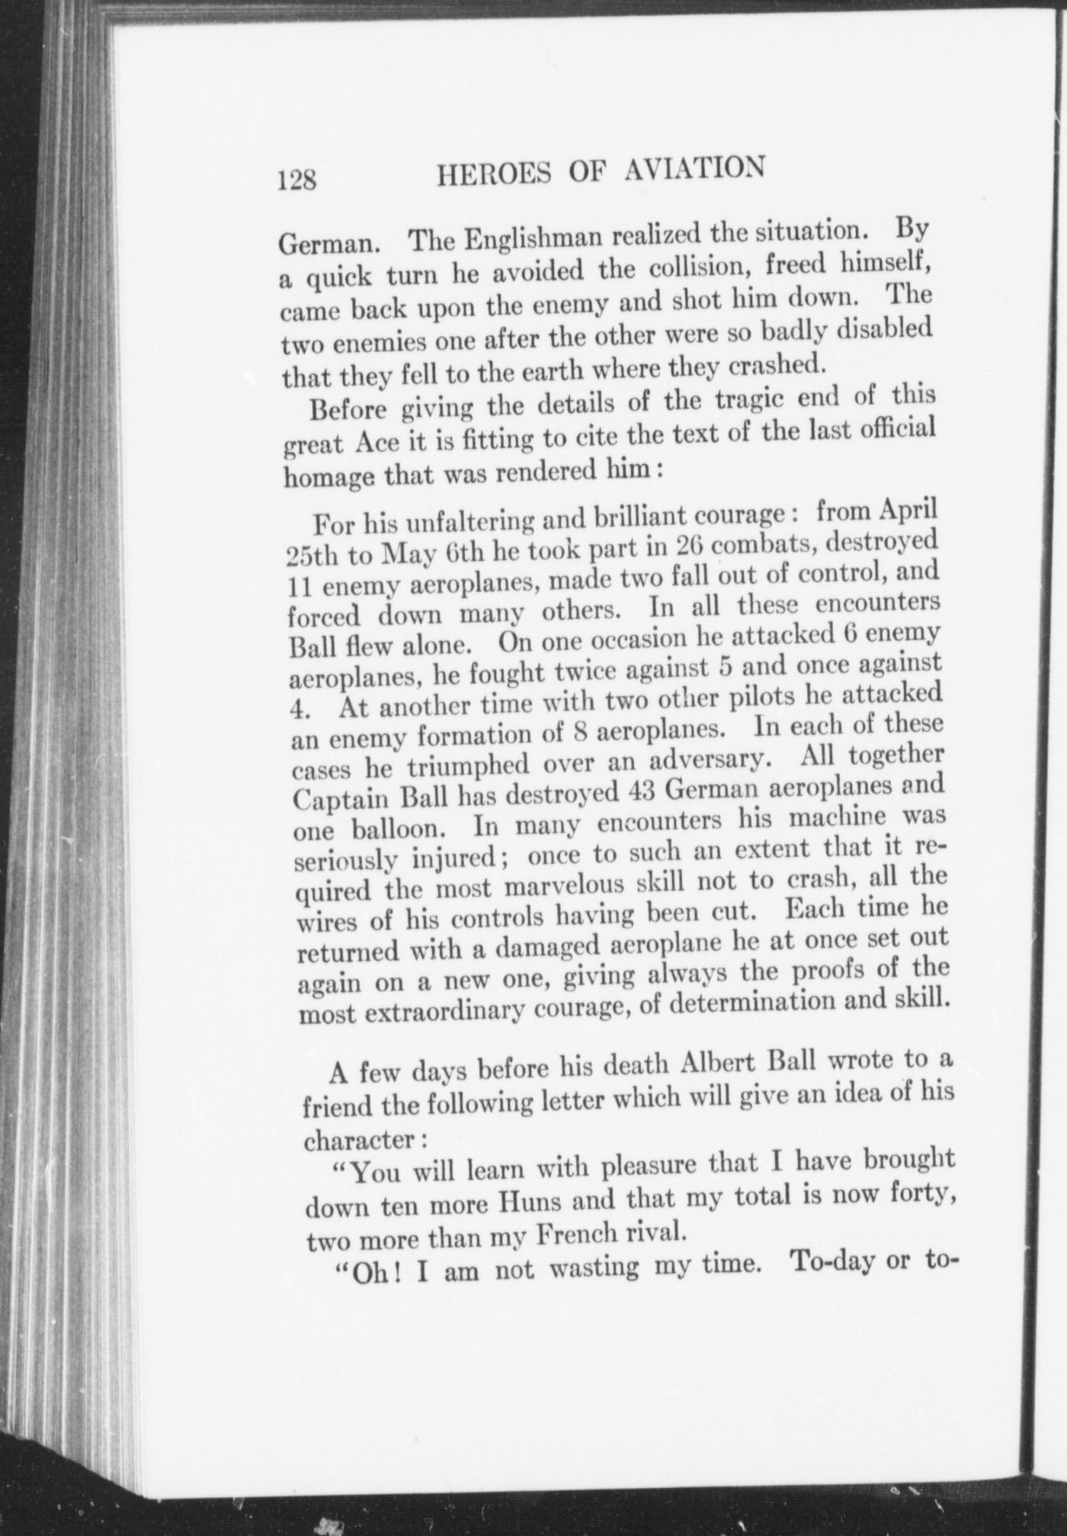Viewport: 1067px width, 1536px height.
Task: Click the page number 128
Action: tap(297, 181)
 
